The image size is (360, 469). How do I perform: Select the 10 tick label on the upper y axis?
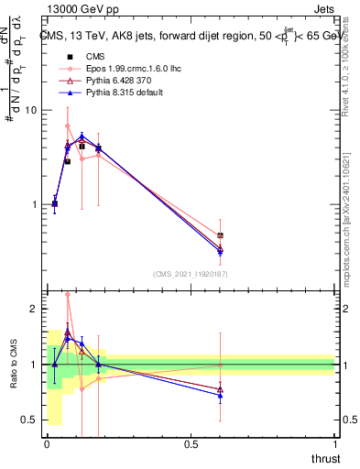(29, 110)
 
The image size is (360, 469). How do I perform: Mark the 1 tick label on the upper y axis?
(32, 204)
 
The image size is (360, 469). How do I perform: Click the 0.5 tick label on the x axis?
(191, 444)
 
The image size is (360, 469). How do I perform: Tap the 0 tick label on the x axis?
(47, 444)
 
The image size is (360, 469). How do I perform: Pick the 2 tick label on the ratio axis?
(32, 310)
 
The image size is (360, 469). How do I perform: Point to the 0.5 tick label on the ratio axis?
(27, 420)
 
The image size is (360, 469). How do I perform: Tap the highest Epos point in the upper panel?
(68, 125)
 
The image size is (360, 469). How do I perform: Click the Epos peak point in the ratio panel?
(68, 295)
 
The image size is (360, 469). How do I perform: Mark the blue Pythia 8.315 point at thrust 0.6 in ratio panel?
(220, 395)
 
